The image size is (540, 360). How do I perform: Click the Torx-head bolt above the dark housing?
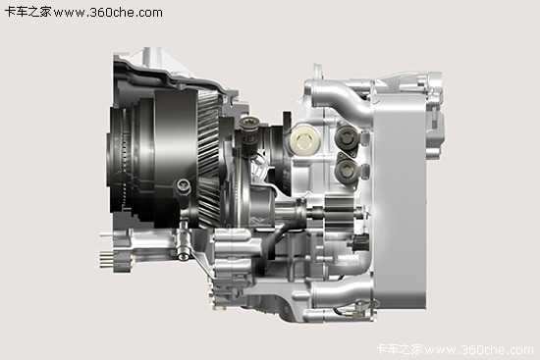[248, 122]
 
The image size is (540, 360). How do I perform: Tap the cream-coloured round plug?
[304, 141]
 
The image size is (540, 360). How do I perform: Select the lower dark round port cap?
[347, 170]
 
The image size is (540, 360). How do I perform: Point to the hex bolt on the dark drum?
[184, 186]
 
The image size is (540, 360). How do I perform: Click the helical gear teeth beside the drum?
[209, 158]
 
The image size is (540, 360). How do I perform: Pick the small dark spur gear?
[339, 213]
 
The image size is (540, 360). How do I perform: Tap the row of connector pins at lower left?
[107, 260]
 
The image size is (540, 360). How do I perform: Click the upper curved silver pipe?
[341, 99]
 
